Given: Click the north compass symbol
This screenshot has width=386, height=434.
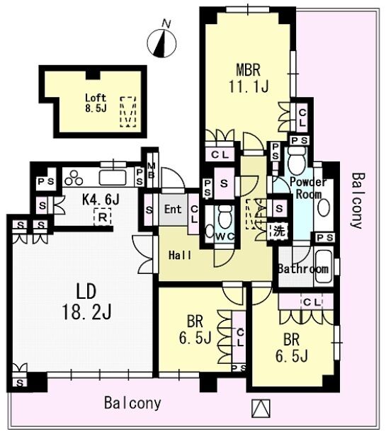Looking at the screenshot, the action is click(x=161, y=42).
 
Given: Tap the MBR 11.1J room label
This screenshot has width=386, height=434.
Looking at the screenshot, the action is click(x=249, y=79).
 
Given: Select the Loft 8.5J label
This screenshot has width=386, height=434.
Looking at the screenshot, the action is click(x=96, y=103).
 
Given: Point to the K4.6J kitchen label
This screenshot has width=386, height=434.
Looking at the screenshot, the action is click(x=101, y=199).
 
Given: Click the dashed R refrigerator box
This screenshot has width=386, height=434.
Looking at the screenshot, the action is click(x=103, y=217).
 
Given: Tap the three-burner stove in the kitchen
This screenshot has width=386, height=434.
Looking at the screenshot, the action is click(x=74, y=178).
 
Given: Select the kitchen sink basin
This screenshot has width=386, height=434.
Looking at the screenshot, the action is click(x=113, y=178).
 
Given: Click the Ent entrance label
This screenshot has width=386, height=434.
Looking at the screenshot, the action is click(x=173, y=210).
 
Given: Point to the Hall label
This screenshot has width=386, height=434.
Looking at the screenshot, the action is click(x=180, y=255).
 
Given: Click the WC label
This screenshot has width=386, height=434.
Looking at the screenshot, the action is click(x=225, y=236).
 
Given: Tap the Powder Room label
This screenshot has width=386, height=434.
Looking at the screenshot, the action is click(x=308, y=188).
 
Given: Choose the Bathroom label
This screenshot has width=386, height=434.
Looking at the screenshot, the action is click(x=303, y=269).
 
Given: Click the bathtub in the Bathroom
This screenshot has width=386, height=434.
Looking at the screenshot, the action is click(x=324, y=266).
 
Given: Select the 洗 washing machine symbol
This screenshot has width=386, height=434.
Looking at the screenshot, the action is click(x=279, y=231).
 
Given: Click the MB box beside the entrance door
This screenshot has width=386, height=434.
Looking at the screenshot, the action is click(x=152, y=171).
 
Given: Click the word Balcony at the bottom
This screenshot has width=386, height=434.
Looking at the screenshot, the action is click(x=132, y=404).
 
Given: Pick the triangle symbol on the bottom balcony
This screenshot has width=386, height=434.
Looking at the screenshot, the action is click(x=261, y=409).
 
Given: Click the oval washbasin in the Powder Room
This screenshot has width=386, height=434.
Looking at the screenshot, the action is click(x=324, y=207).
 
